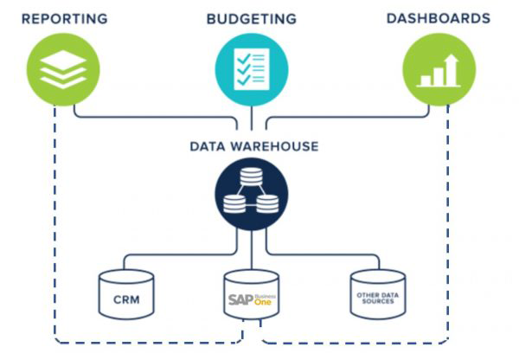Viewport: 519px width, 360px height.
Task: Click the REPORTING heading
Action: [65, 18]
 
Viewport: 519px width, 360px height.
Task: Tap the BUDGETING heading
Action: [252, 18]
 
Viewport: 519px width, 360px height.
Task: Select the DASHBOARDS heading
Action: [439, 18]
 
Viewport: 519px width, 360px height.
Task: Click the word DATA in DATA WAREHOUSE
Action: [208, 146]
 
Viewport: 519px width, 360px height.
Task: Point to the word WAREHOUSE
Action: [274, 146]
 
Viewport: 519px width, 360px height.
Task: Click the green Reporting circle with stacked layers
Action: [63, 69]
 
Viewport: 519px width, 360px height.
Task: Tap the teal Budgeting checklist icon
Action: [252, 69]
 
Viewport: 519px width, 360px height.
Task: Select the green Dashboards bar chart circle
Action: [439, 69]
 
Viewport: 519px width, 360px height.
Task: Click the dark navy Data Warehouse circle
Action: [252, 194]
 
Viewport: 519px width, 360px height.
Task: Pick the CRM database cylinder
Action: [126, 294]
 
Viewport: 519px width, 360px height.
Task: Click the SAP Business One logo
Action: [252, 299]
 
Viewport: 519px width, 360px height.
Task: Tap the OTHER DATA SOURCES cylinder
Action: [378, 294]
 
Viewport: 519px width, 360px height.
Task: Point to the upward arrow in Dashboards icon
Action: [452, 69]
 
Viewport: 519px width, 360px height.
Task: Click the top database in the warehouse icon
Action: [251, 177]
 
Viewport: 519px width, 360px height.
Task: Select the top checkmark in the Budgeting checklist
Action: [243, 59]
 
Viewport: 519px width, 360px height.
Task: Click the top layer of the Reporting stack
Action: [63, 59]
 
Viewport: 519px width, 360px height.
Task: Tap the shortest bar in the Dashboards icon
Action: [426, 80]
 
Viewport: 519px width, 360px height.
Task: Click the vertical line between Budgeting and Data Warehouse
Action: [252, 118]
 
